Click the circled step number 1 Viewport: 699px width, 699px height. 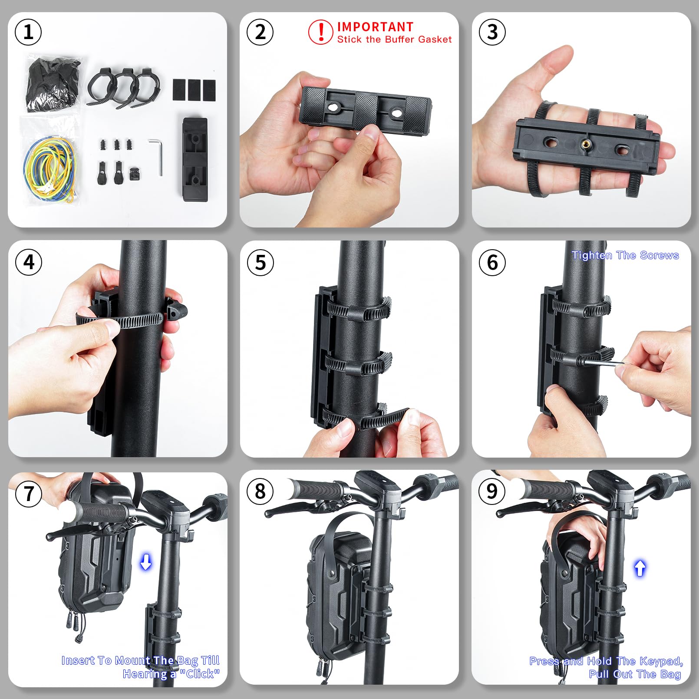pos(28,32)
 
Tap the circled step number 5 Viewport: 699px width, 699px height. pos(260,262)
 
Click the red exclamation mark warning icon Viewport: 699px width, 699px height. pos(321,32)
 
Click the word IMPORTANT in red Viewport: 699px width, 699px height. pos(375,27)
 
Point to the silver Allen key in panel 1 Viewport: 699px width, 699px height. pos(156,156)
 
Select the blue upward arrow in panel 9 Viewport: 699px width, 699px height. pos(640,568)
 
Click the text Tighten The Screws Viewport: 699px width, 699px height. pos(625,255)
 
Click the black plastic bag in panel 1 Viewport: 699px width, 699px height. pos(53,85)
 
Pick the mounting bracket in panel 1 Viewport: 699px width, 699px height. pos(195,159)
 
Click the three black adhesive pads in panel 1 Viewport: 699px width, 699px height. pos(194,89)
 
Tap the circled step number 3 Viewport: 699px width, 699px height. pos(492,32)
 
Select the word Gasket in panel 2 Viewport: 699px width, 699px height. pos(435,40)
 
